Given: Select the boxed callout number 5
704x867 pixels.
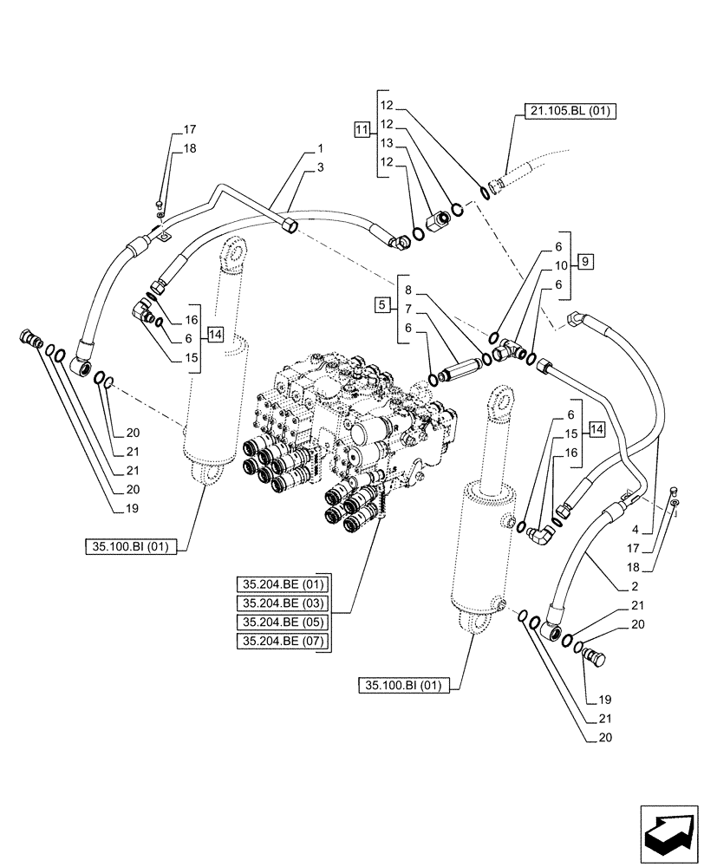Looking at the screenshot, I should tap(381, 304).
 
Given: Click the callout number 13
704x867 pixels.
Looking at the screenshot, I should tap(387, 143).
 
